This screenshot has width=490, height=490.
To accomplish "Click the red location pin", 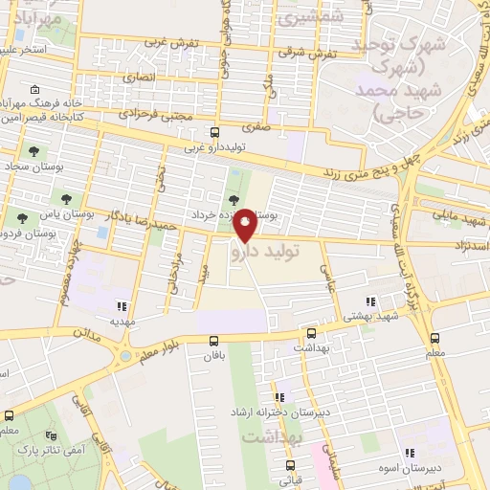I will point(245,224).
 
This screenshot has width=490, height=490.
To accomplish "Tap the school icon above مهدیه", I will point(122,306).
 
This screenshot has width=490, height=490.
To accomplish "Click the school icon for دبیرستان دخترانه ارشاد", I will point(278,397).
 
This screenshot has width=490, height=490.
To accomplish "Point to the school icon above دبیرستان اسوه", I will point(410,453).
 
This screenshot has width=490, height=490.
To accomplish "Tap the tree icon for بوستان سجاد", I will point(34,151).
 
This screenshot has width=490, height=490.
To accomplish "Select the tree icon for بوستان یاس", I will point(66,199).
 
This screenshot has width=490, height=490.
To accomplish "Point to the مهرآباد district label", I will point(35,17).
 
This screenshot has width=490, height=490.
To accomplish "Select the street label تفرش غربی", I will point(171,44).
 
